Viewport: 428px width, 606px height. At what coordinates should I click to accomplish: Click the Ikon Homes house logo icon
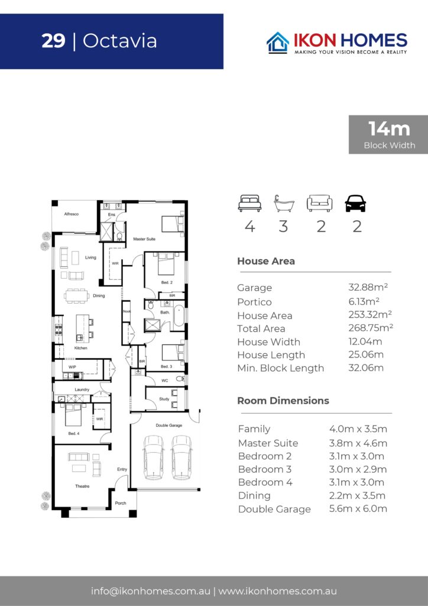(x=278, y=43)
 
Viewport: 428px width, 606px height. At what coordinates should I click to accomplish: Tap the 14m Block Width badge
(x=388, y=134)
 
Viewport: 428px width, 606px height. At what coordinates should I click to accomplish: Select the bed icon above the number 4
(x=249, y=204)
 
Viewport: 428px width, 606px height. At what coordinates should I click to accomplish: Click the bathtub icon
(x=284, y=204)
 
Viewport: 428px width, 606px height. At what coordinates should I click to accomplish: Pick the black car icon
(x=355, y=204)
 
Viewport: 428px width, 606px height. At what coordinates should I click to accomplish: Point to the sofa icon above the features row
(x=320, y=204)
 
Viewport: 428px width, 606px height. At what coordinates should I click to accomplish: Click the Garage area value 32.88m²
(x=368, y=287)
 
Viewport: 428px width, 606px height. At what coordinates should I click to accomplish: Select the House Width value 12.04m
(x=365, y=341)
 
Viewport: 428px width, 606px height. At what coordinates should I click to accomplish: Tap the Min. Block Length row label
(x=281, y=368)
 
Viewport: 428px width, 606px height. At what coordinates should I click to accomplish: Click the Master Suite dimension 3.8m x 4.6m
(x=358, y=443)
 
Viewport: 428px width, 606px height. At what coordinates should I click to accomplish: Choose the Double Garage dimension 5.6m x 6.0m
(x=358, y=508)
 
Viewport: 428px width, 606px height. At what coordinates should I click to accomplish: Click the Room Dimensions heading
(x=283, y=401)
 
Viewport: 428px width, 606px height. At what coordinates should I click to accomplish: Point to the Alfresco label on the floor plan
(x=72, y=214)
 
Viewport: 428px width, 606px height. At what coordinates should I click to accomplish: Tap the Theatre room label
(x=82, y=486)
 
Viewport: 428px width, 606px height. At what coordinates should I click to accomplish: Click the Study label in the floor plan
(x=164, y=399)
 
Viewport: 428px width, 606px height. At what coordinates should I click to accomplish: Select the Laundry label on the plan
(x=82, y=389)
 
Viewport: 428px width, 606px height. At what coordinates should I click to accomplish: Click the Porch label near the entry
(x=121, y=503)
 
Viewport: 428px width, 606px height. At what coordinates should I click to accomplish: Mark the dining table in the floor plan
(x=76, y=296)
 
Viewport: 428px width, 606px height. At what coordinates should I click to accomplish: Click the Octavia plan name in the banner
(x=119, y=41)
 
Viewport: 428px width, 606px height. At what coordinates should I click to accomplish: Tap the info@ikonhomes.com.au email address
(x=151, y=591)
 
